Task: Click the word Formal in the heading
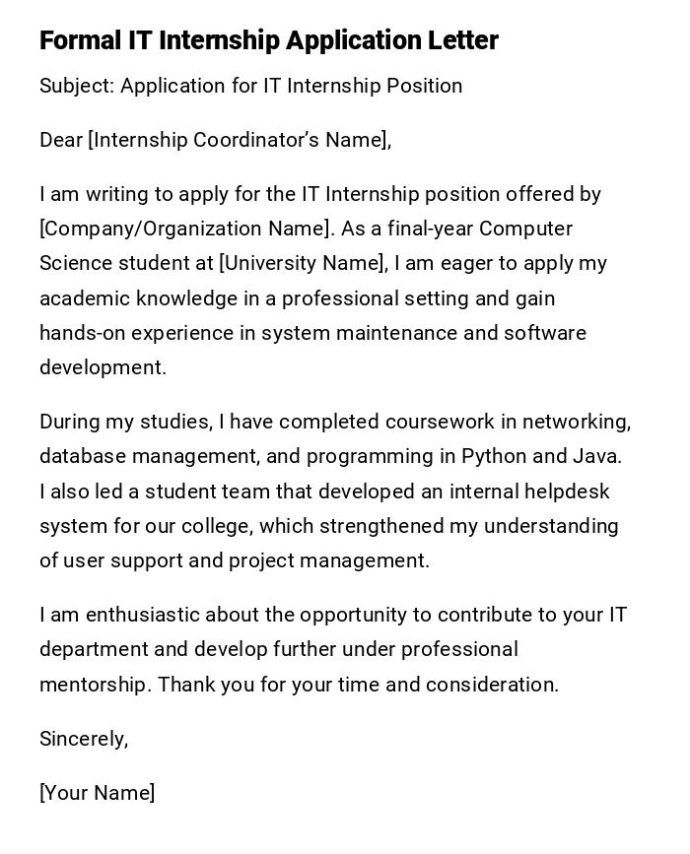click(x=80, y=40)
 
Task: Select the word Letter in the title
click(x=462, y=40)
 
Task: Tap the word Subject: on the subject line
click(x=77, y=86)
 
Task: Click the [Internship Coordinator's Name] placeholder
click(x=238, y=140)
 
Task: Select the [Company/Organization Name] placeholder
click(x=184, y=229)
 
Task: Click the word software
click(x=545, y=333)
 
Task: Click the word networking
click(x=577, y=422)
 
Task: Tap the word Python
click(x=493, y=456)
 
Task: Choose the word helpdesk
click(x=567, y=491)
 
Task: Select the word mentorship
click(x=95, y=685)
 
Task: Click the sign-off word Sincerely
click(x=83, y=739)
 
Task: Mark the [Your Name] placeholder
click(x=97, y=793)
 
